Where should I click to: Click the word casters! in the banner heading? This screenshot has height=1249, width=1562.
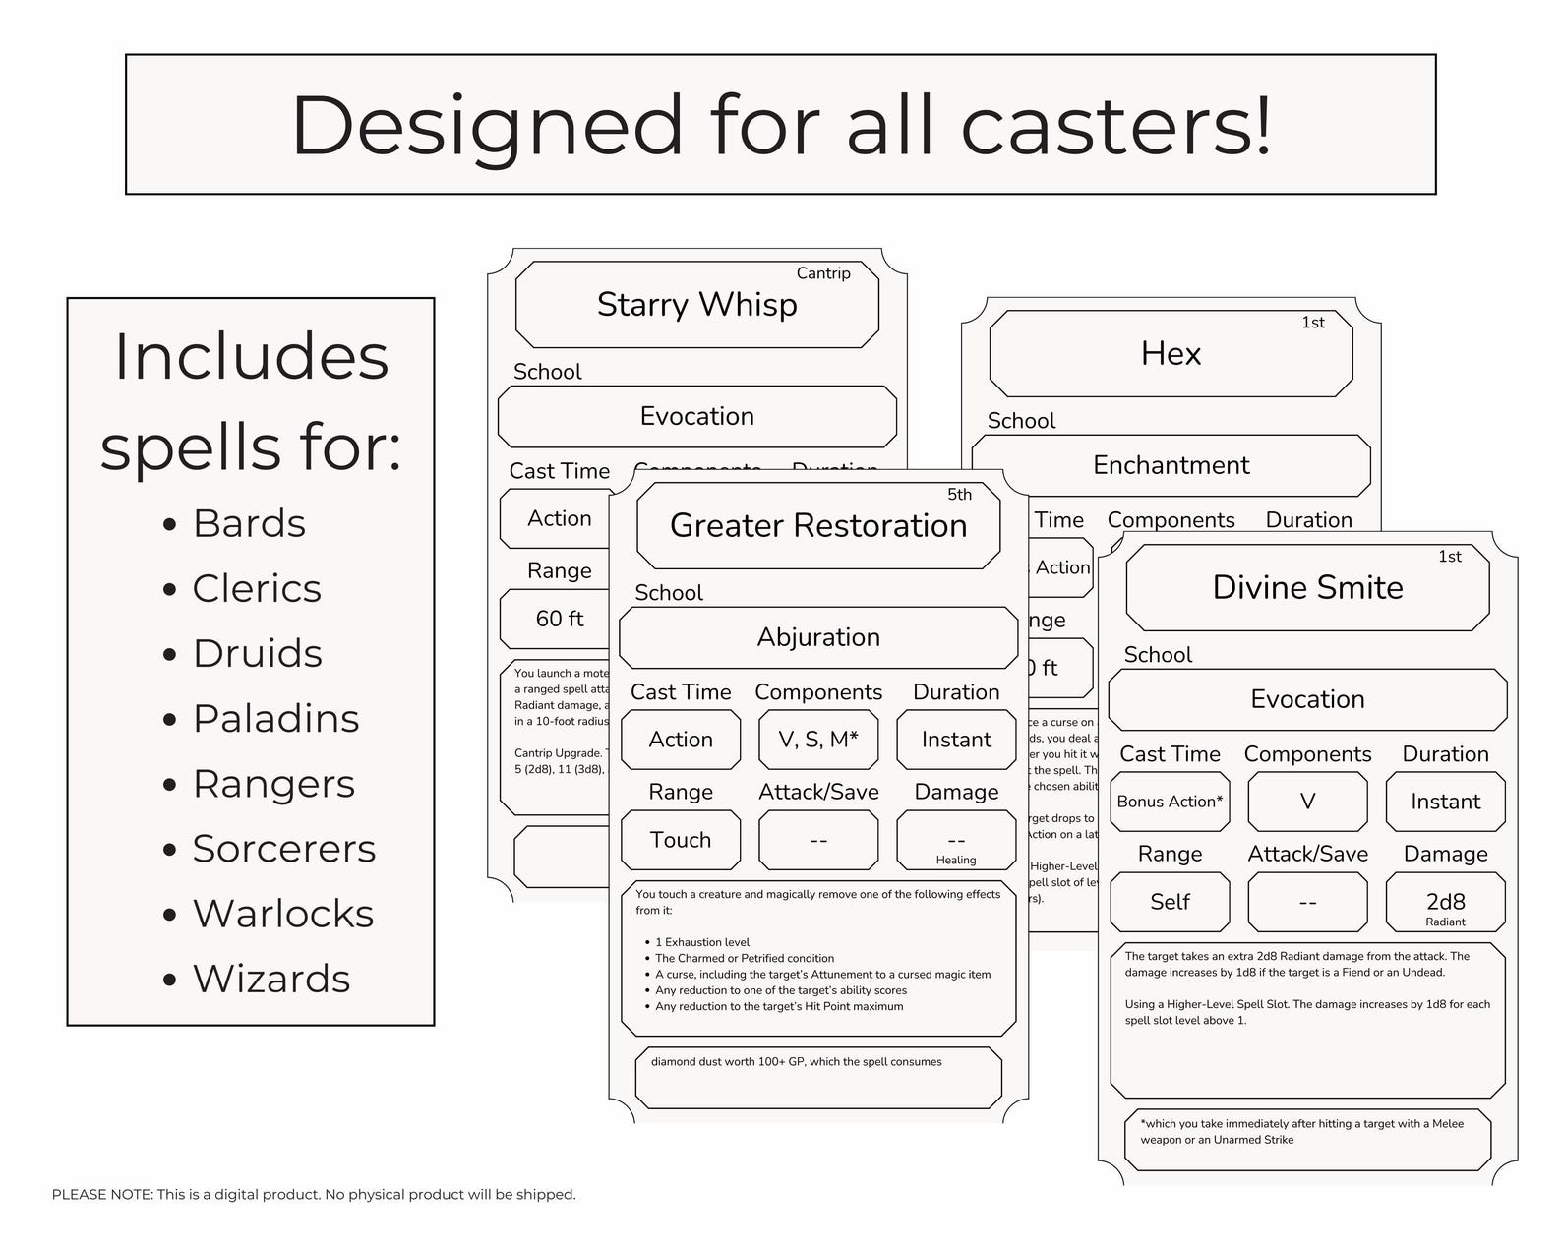[x=1115, y=126]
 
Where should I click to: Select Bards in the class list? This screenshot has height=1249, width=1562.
[x=249, y=523]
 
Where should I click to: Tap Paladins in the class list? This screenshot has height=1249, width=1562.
[x=275, y=718]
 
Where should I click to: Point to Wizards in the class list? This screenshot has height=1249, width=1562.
[x=271, y=979]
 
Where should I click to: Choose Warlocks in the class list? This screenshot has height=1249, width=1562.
[x=283, y=914]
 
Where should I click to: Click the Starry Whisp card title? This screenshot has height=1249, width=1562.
[x=696, y=305]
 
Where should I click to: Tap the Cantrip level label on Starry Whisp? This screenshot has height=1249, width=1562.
[x=822, y=273]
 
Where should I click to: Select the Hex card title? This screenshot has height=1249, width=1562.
[x=1171, y=354]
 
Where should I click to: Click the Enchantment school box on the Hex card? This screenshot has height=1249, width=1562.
[x=1171, y=465]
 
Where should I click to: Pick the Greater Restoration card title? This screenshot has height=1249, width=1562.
[x=818, y=526]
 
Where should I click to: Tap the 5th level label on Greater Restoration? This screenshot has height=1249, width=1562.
[x=959, y=495]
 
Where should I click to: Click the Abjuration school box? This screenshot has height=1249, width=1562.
[x=818, y=637]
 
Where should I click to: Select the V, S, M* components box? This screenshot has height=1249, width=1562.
[x=818, y=740]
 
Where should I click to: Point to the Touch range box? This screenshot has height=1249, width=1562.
[x=681, y=840]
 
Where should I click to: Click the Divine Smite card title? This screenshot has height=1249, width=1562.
[x=1307, y=588]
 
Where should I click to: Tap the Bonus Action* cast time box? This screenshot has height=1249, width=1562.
[x=1170, y=802]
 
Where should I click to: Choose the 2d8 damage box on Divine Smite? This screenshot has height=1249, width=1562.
[x=1445, y=903]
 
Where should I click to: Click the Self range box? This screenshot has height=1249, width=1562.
[x=1170, y=902]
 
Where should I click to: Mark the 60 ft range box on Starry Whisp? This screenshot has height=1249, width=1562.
[x=559, y=619]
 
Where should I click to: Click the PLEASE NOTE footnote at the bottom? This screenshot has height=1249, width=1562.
[x=314, y=1195]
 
